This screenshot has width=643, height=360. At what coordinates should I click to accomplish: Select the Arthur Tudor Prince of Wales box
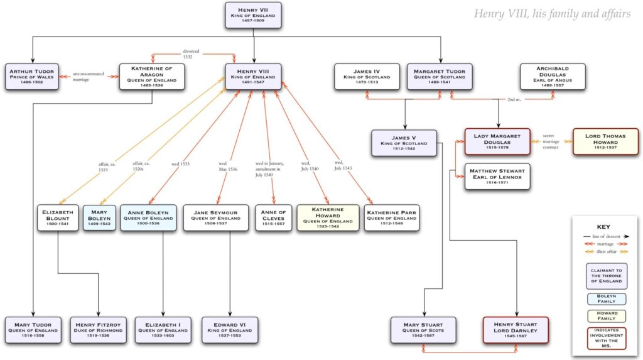[33, 77]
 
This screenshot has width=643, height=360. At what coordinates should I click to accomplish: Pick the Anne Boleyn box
[148, 218]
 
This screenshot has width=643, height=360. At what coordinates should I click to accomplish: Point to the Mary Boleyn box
[99, 218]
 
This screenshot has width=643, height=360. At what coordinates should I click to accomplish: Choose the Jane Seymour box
[217, 218]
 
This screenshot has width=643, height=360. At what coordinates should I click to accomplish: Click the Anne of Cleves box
[273, 218]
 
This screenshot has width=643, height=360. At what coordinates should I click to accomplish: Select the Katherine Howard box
[328, 218]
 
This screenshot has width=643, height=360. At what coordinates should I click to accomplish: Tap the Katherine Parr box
[391, 218]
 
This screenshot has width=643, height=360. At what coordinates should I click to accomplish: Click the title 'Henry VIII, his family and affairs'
[551, 13]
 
